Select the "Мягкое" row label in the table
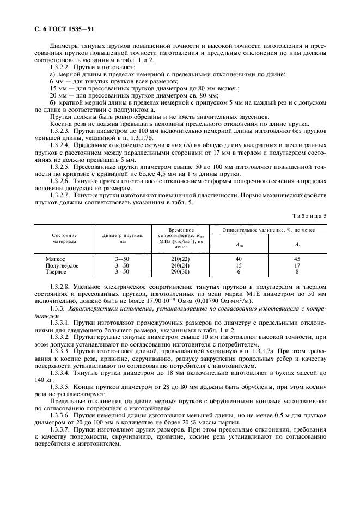click(56, 259)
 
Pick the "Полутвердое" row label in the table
click(62, 265)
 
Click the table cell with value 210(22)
click(173, 259)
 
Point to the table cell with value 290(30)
click(173, 271)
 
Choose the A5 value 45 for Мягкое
click(296, 259)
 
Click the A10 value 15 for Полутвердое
click(239, 265)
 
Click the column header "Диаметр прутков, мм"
click(123, 238)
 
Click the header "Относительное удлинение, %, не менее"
click(267, 230)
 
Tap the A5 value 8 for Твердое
click(296, 271)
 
